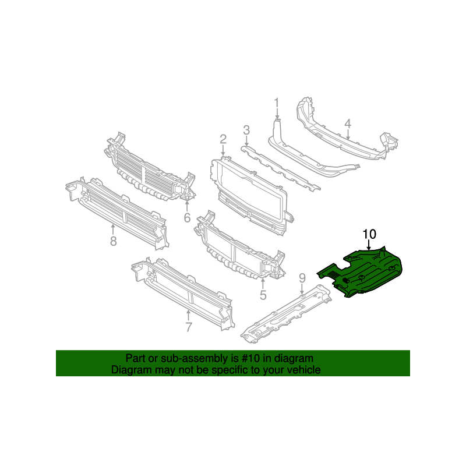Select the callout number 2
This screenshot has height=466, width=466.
click(223, 139)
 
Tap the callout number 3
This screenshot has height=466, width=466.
click(246, 130)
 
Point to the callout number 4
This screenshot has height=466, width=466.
click(348, 123)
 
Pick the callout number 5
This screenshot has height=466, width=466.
click(263, 295)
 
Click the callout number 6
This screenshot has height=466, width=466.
click(187, 217)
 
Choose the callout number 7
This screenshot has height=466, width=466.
click(189, 327)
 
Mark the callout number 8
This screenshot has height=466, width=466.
click(113, 241)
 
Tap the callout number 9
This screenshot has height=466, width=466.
click(302, 278)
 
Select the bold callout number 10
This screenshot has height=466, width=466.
click(369, 234)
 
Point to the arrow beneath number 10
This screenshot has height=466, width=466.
click(369, 245)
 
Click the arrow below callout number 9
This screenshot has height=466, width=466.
click(302, 289)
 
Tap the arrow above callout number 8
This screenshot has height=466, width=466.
click(113, 230)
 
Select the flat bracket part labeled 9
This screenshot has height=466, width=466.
click(286, 314)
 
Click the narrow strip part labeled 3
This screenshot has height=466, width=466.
click(281, 168)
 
